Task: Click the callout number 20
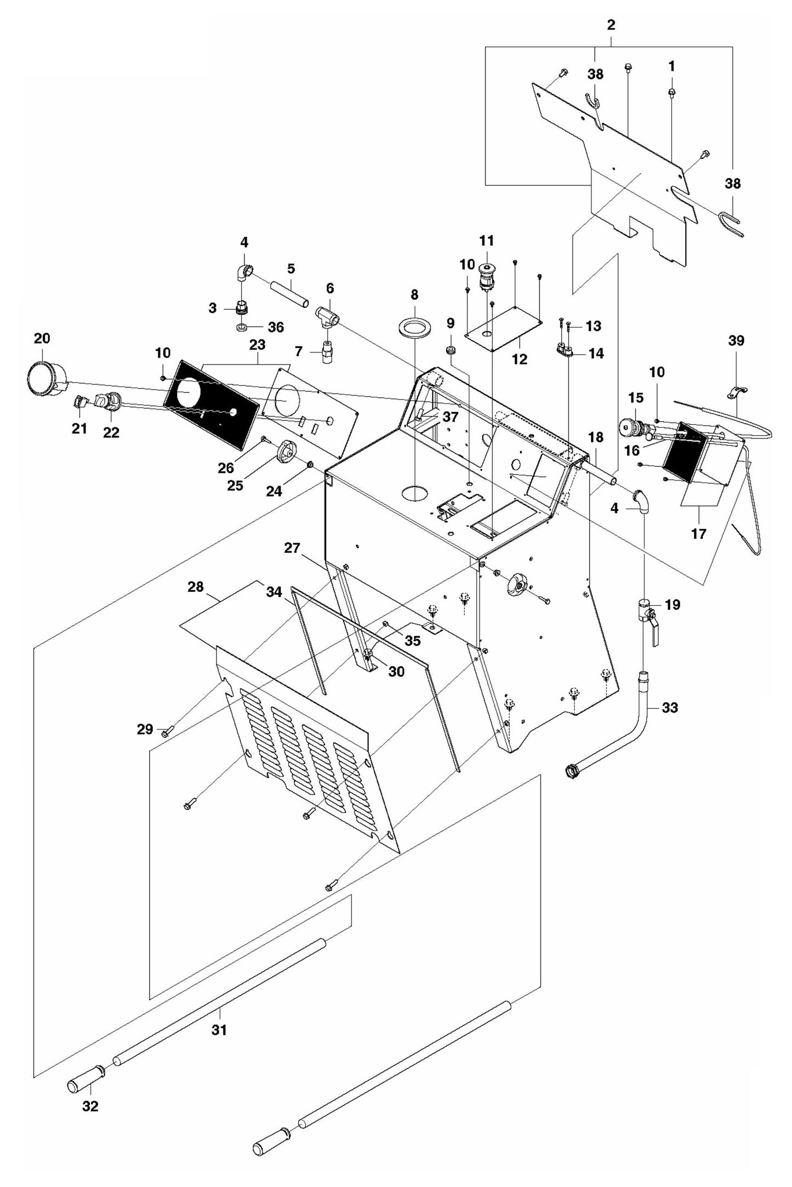[42, 338]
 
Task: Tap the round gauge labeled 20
[42, 378]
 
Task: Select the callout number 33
[670, 707]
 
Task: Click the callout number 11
[487, 241]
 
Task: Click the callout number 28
[196, 587]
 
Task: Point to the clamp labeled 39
[737, 392]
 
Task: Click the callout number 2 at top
[611, 25]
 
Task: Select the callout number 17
[698, 533]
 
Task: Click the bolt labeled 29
[166, 731]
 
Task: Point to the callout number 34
[274, 592]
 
